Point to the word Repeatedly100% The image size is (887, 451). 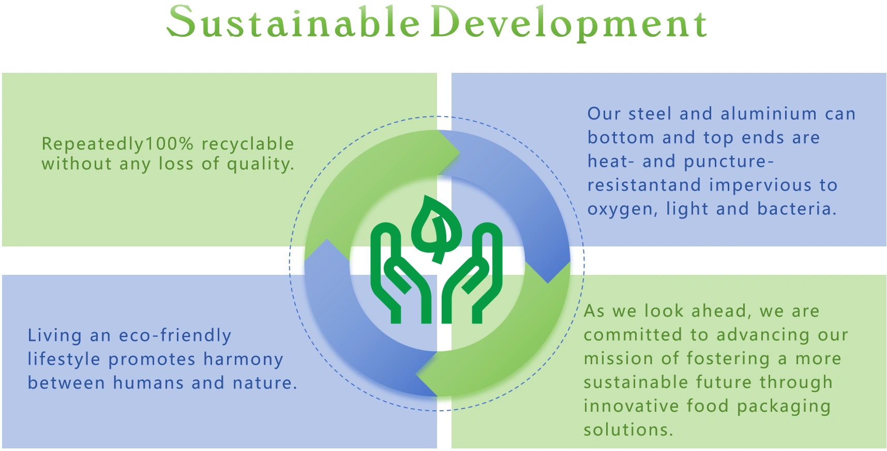tap(117, 144)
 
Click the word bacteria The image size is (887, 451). tap(796, 209)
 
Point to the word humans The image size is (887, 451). tap(148, 383)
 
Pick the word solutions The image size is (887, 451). tap(628, 430)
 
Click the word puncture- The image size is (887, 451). tap(729, 162)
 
